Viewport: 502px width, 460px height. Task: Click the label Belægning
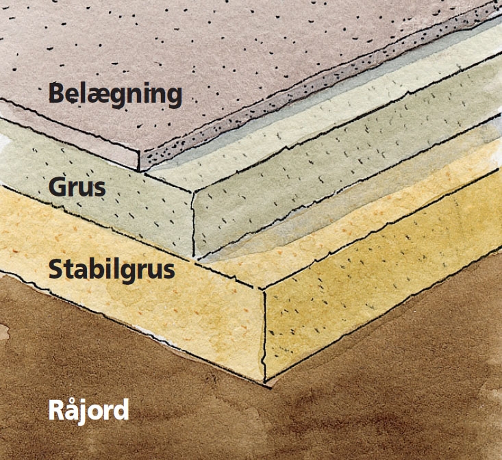click(115, 94)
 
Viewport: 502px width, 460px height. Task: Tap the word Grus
click(77, 186)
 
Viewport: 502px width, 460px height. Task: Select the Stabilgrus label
click(112, 269)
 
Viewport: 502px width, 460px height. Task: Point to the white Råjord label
click(88, 410)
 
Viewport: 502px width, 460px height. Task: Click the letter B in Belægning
click(56, 92)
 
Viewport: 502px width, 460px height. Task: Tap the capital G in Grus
click(57, 186)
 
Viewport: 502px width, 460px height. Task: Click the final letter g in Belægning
click(174, 96)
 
